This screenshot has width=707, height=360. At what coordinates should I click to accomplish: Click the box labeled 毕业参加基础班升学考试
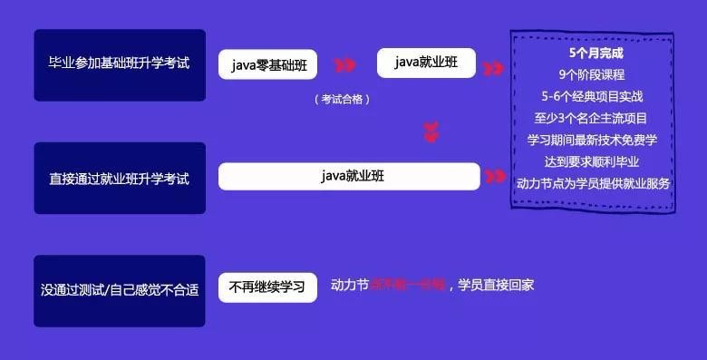tap(119, 65)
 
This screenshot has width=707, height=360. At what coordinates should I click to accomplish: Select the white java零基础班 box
tap(267, 65)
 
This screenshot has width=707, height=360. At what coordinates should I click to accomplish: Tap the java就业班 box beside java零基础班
tap(426, 63)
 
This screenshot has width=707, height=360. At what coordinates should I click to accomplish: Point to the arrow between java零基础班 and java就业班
tap(345, 65)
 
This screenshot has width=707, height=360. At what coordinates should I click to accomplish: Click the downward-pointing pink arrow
tap(432, 132)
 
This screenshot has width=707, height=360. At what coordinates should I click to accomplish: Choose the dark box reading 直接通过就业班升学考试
tap(119, 178)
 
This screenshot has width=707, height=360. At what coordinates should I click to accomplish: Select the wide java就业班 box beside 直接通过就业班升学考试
tap(349, 176)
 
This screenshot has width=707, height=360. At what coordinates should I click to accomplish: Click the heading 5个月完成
tap(591, 53)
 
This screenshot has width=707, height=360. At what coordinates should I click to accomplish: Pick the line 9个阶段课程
tap(591, 74)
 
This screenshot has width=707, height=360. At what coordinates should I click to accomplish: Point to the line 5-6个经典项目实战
tap(591, 96)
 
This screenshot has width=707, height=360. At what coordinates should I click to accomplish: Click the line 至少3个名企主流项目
tap(591, 118)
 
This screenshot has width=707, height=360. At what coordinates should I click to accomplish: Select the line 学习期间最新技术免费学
tap(591, 140)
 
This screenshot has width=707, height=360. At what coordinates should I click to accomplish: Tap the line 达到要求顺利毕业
tap(591, 161)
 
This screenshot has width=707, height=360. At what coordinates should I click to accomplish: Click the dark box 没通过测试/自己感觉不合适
tap(119, 290)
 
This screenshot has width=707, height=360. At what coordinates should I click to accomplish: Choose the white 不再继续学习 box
tap(267, 287)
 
